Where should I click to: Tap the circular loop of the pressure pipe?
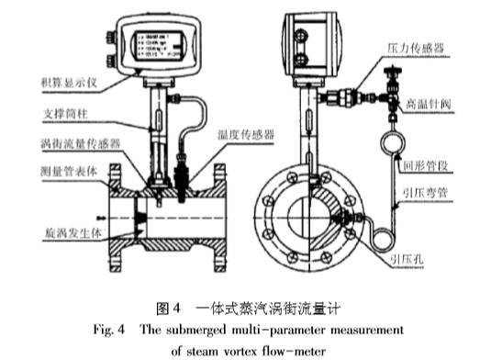(x=394, y=141)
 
